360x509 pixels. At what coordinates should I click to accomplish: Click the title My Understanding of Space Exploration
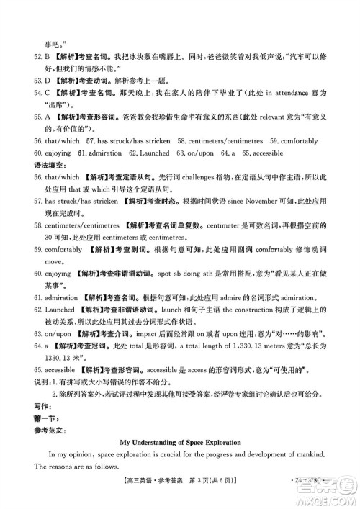[x=180, y=441]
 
